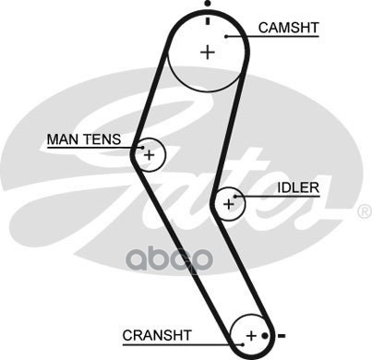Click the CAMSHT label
[x=288, y=28]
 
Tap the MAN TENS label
[x=84, y=139]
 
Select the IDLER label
[x=298, y=187]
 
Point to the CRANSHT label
[x=157, y=335]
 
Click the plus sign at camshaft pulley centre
[x=208, y=52]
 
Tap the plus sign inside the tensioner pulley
[x=150, y=155]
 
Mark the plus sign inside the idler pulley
[x=229, y=204]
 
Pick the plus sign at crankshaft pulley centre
[x=251, y=335]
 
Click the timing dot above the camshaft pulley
[x=208, y=4]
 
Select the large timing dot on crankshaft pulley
[x=265, y=335]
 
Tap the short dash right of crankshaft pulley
[x=282, y=335]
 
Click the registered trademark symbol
[x=365, y=211]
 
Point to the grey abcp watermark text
[x=170, y=260]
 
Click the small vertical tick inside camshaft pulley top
[x=208, y=21]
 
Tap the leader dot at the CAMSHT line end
[x=226, y=36]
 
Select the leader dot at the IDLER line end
[x=235, y=197]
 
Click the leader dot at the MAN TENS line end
[x=142, y=148]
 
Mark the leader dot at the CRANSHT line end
[x=243, y=344]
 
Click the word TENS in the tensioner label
[x=102, y=139]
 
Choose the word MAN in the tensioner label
[x=64, y=139]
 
